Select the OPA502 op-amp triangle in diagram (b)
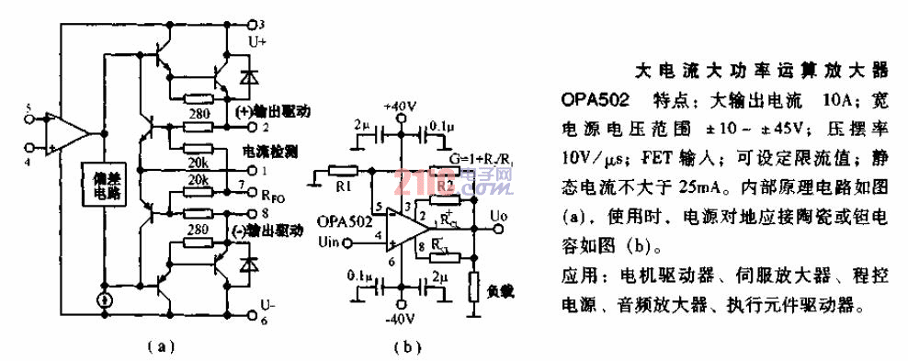click(403, 228)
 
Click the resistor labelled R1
click(343, 170)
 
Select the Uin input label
click(329, 243)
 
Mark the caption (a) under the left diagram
click(160, 346)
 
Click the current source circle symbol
click(106, 299)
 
